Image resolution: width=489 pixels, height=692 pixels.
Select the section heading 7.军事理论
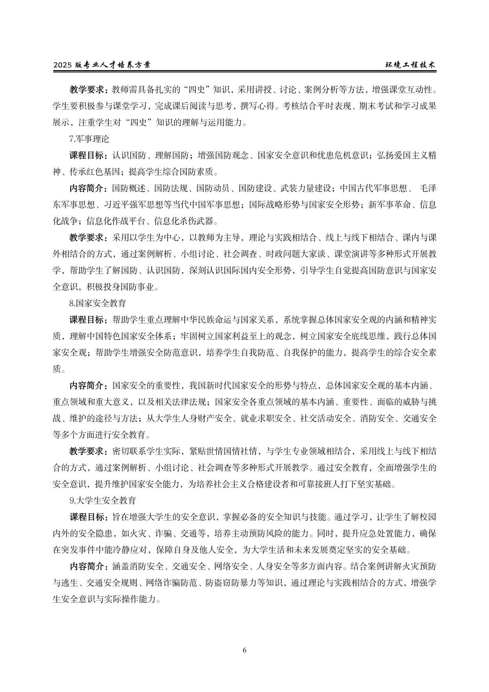89,140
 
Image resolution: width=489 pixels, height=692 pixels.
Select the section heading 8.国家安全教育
98,303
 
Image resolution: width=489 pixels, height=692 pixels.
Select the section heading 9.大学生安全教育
102,501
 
